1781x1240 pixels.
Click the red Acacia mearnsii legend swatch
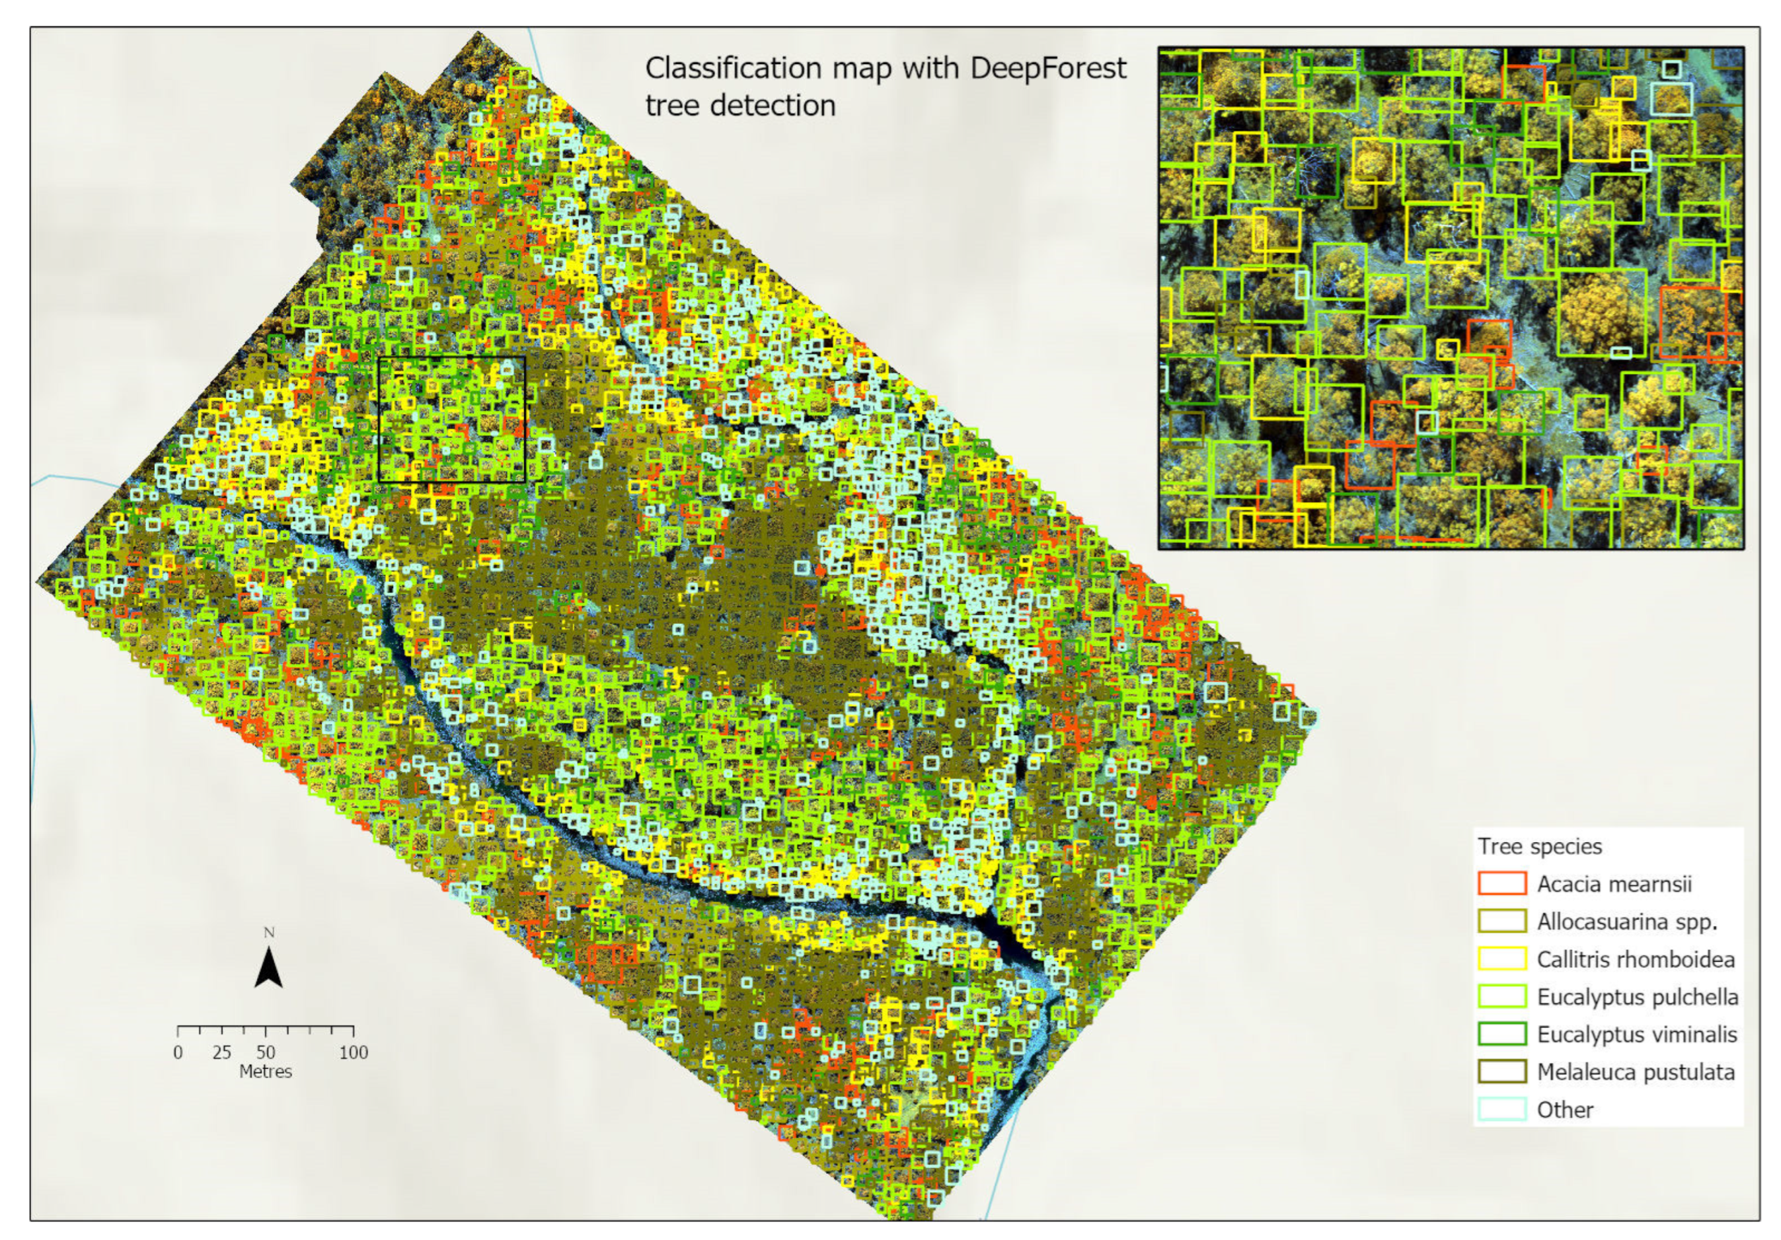(1501, 883)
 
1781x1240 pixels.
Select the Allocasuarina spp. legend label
(1626, 922)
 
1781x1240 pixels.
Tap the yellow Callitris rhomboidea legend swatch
(1501, 959)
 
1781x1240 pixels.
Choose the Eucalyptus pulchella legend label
(1637, 996)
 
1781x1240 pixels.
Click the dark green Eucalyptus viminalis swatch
(1501, 1034)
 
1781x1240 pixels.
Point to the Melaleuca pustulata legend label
(1635, 1072)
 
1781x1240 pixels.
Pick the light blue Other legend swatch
(1501, 1109)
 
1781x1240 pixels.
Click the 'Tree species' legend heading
(1539, 846)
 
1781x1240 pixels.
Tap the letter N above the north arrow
(269, 932)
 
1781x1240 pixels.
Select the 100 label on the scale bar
(353, 1052)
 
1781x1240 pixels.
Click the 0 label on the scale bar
(178, 1052)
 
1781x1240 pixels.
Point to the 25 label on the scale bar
(222, 1052)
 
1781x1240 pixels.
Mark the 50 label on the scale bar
(265, 1052)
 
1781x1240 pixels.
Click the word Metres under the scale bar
(265, 1072)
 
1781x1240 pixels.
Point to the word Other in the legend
(1565, 1110)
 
